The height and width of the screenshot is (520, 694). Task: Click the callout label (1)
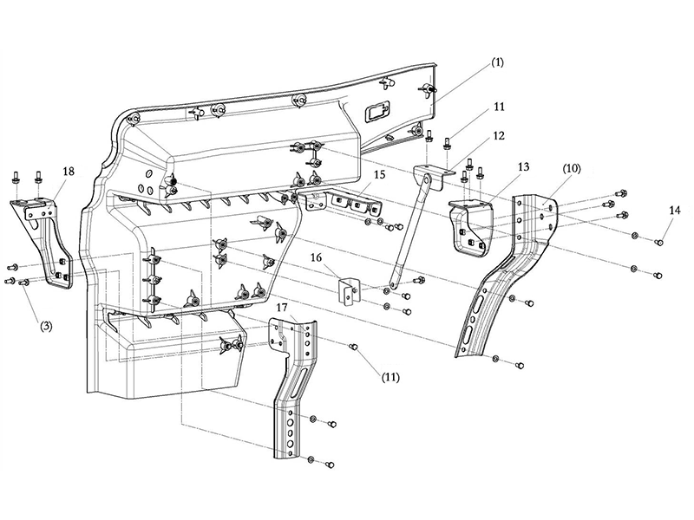click(x=497, y=62)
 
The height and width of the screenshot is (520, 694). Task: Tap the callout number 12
click(x=498, y=136)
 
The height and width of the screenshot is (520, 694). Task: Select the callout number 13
click(x=523, y=166)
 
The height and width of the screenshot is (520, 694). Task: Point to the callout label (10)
click(x=571, y=168)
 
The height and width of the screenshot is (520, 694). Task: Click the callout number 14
click(x=675, y=211)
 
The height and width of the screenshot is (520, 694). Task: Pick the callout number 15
click(x=379, y=175)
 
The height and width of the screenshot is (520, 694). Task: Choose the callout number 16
click(x=316, y=257)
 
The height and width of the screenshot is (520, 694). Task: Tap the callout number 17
click(x=282, y=307)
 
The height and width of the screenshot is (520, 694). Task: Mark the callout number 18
click(x=69, y=171)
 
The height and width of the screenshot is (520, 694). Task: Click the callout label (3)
click(x=47, y=327)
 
